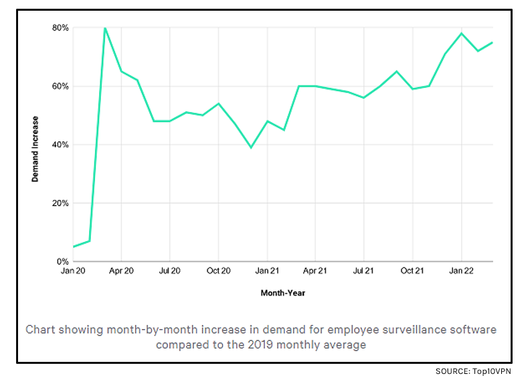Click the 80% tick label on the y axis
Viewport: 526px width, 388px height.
[61, 28]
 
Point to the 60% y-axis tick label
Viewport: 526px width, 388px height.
[61, 86]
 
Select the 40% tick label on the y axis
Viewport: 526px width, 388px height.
[61, 145]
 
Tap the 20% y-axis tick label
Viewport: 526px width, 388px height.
[61, 203]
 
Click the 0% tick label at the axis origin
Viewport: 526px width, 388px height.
[63, 261]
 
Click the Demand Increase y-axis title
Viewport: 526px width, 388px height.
[35, 149]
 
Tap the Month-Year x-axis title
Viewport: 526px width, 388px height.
[282, 293]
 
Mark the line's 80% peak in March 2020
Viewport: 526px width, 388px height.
[105, 28]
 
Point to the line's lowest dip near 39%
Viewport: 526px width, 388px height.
[251, 147]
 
